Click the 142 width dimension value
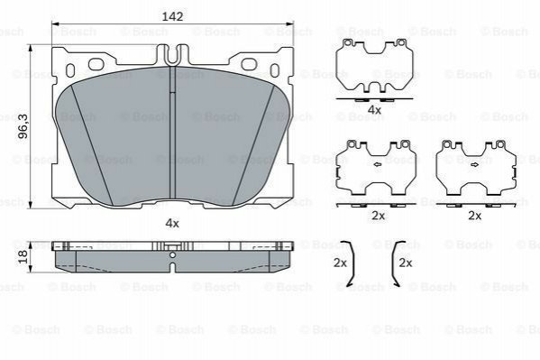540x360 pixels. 172,16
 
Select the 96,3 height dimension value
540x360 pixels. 23,126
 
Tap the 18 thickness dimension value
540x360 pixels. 23,256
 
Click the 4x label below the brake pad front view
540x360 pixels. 172,224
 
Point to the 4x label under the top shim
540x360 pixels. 374,110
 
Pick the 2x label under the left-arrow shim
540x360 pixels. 378,216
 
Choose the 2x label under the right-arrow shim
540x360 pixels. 474,216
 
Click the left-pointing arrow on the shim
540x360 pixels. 377,165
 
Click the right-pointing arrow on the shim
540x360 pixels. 474,165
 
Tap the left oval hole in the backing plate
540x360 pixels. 96,64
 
